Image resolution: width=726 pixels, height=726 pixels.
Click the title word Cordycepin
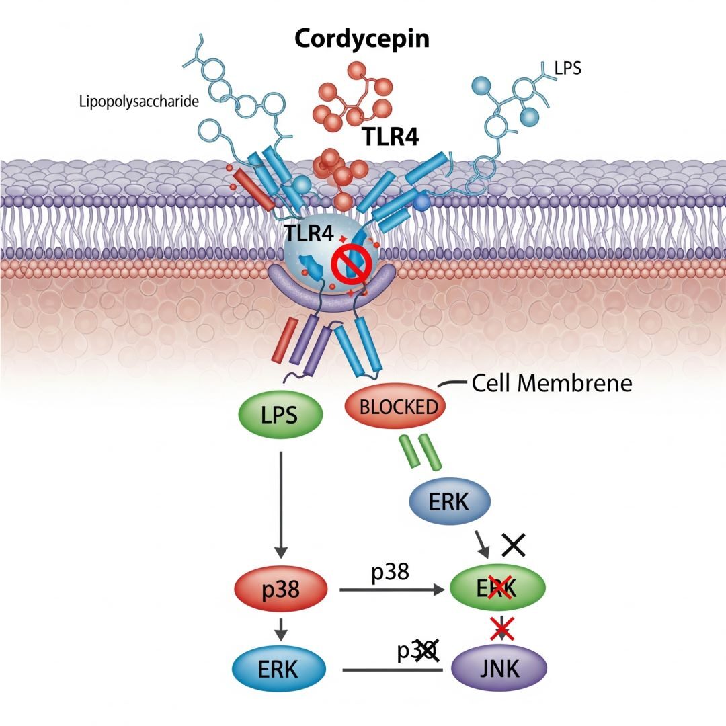[x=362, y=39]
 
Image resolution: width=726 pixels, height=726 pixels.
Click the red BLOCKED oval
[x=395, y=407]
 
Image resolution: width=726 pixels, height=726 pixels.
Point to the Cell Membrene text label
[x=552, y=384]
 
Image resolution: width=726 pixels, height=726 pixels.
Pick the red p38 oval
[x=281, y=590]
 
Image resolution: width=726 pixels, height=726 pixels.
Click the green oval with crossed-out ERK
[x=498, y=588]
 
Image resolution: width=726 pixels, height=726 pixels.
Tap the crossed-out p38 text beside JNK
[x=417, y=651]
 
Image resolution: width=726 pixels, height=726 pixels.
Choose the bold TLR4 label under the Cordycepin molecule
[x=391, y=136]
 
